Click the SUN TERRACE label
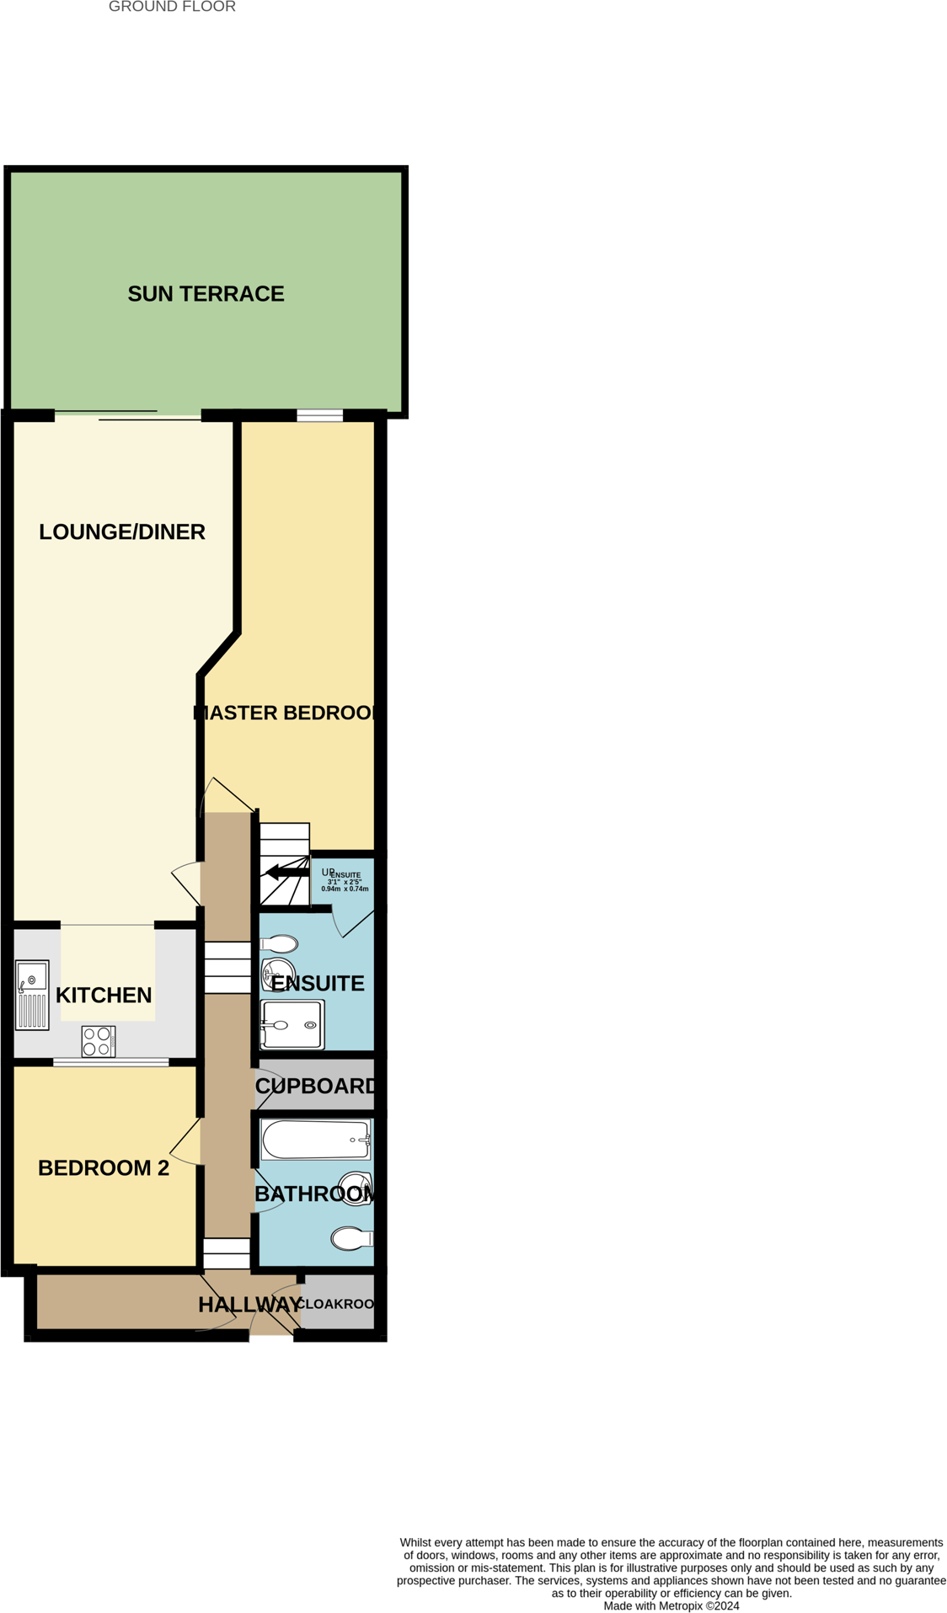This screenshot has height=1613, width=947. pyautogui.click(x=206, y=294)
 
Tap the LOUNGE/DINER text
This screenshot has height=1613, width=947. pyautogui.click(x=122, y=532)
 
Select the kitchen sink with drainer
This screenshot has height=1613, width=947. pyautogui.click(x=32, y=995)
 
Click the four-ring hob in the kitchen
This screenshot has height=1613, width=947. pyautogui.click(x=98, y=1041)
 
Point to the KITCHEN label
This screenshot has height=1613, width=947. pyautogui.click(x=104, y=995)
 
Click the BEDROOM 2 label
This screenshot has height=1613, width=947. pyautogui.click(x=104, y=1168)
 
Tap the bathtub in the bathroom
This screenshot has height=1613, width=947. pyautogui.click(x=315, y=1140)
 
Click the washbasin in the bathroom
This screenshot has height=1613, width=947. pyautogui.click(x=356, y=1188)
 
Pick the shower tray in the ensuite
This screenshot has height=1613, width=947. pyautogui.click(x=292, y=1024)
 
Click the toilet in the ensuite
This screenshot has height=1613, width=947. pyautogui.click(x=279, y=944)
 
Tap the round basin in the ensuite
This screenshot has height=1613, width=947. pyautogui.click(x=277, y=975)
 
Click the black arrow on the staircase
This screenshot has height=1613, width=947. pyautogui.click(x=287, y=873)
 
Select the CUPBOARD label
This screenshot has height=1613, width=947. pyautogui.click(x=315, y=1086)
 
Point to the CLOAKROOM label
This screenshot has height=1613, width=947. pyautogui.click(x=336, y=1304)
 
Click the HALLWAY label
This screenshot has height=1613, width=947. pyautogui.click(x=249, y=1305)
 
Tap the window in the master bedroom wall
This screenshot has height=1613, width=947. pyautogui.click(x=319, y=415)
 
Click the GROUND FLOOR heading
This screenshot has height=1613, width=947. pyautogui.click(x=172, y=7)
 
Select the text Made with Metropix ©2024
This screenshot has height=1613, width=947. pyautogui.click(x=671, y=1605)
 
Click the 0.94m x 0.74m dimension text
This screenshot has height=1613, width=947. pyautogui.click(x=345, y=889)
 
